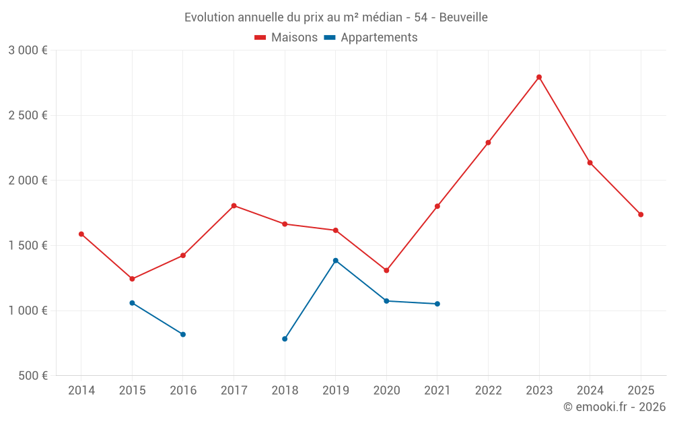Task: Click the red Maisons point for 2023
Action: (x=539, y=77)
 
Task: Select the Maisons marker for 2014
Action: (x=81, y=234)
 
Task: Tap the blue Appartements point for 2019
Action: (x=336, y=260)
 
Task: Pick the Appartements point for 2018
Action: (x=285, y=339)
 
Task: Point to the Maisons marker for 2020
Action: (x=386, y=270)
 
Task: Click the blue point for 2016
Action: (x=183, y=334)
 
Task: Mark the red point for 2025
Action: (x=641, y=214)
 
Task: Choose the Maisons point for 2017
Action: (x=234, y=205)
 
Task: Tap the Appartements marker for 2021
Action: (x=437, y=304)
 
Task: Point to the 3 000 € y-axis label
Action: (x=28, y=51)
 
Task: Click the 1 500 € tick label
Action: (x=28, y=246)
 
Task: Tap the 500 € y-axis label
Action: (x=33, y=376)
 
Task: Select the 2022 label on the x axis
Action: (x=488, y=390)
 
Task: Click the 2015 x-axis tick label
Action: (x=132, y=390)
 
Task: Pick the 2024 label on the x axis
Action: (x=590, y=390)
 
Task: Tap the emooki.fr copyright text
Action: (x=614, y=407)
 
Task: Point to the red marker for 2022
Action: (x=488, y=142)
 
